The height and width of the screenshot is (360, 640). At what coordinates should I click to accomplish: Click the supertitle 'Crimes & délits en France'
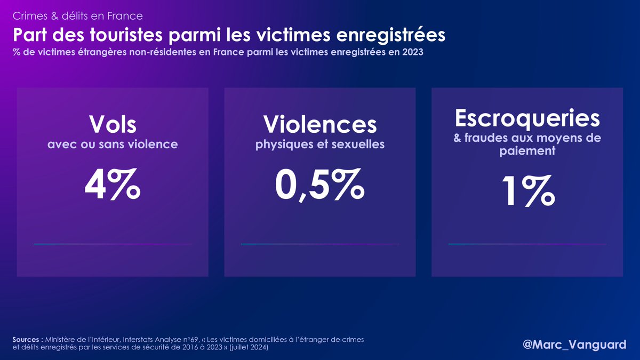click(77, 16)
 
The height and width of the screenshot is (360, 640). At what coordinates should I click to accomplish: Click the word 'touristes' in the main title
click(117, 36)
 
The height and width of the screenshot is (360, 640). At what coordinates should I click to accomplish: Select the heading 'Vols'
click(113, 124)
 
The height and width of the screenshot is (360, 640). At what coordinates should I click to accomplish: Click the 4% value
click(113, 183)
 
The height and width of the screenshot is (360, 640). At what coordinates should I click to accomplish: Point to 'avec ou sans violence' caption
click(113, 144)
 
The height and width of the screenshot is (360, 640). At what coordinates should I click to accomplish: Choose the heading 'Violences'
click(320, 124)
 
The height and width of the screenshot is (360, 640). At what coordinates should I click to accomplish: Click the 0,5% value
click(320, 183)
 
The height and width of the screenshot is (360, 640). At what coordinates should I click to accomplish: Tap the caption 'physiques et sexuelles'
click(320, 144)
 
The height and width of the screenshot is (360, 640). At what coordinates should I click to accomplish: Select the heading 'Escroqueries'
click(527, 118)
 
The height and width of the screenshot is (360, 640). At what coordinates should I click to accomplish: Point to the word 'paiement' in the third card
click(527, 151)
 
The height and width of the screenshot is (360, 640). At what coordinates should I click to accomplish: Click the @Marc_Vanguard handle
click(574, 345)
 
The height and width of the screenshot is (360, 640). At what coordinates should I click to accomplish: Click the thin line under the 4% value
click(113, 244)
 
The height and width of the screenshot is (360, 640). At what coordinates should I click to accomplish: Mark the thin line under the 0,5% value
click(320, 244)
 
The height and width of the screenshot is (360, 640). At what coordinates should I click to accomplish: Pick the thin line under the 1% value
click(527, 244)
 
